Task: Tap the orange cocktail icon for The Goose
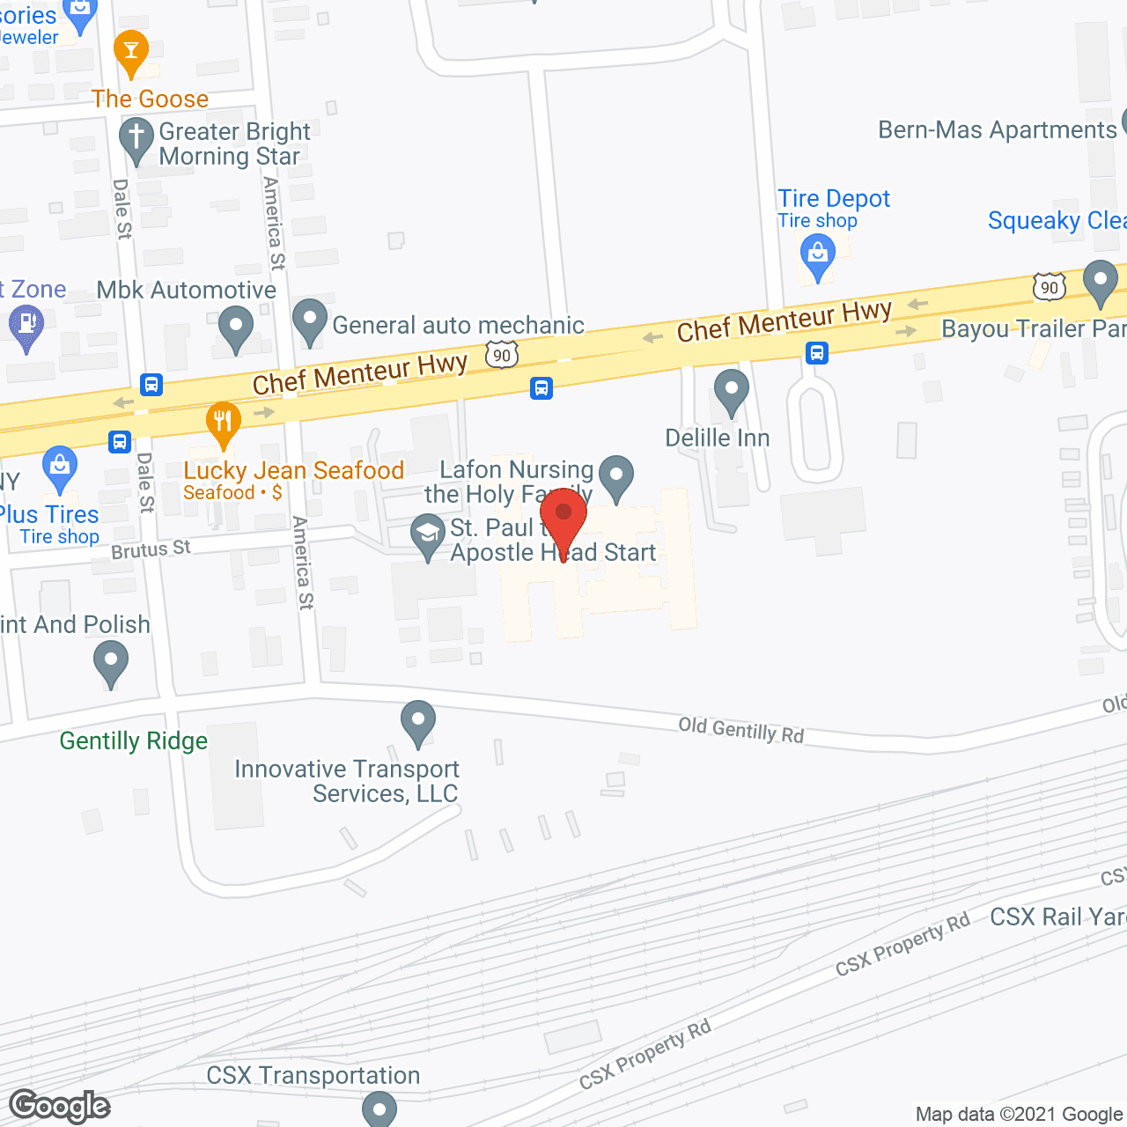[x=131, y=53]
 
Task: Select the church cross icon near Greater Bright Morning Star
[x=136, y=139]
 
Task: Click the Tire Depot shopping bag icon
[x=818, y=257]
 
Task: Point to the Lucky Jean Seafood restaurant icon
[x=224, y=423]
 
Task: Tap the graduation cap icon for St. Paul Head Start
[x=429, y=535]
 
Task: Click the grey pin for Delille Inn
[x=731, y=390]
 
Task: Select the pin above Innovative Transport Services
[x=418, y=722]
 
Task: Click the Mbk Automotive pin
[x=235, y=327]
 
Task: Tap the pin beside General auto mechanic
[x=309, y=321]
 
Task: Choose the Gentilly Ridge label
[x=134, y=741]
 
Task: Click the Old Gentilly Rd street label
[x=740, y=730]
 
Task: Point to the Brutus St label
[x=151, y=549]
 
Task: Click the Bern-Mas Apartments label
[x=998, y=130]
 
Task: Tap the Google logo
[x=60, y=1106]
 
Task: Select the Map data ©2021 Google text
[x=1020, y=1114]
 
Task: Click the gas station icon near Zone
[x=26, y=326]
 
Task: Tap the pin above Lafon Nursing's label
[x=616, y=476]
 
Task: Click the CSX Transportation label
[x=313, y=1076]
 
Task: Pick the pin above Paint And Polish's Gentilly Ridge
[x=111, y=662]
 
